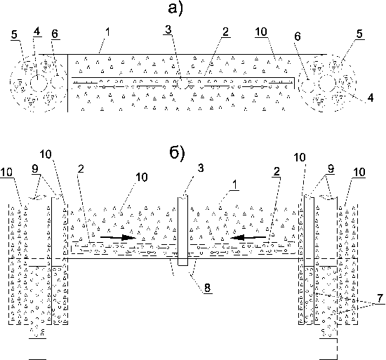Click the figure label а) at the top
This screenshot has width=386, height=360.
175,8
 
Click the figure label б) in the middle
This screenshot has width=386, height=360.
177,153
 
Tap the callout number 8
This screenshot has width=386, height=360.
207,288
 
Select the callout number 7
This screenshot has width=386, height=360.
380,298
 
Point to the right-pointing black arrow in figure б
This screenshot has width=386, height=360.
118,237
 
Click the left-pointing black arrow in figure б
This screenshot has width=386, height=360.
248,237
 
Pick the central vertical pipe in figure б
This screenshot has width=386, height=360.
182,231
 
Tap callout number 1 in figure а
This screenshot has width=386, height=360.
107,32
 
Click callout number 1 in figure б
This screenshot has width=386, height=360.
235,185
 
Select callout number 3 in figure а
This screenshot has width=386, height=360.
168,29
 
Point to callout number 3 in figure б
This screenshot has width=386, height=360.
201,168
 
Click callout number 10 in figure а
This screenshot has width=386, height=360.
261,32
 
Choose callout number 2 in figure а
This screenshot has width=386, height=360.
225,32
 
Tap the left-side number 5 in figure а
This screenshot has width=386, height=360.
15,34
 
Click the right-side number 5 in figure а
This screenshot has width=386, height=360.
359,34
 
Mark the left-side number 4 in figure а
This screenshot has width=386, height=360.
37,32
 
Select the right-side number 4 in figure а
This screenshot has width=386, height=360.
370,98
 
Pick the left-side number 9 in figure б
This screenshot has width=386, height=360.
35,169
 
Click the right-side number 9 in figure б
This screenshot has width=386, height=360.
331,169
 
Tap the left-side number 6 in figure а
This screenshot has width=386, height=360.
55,34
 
